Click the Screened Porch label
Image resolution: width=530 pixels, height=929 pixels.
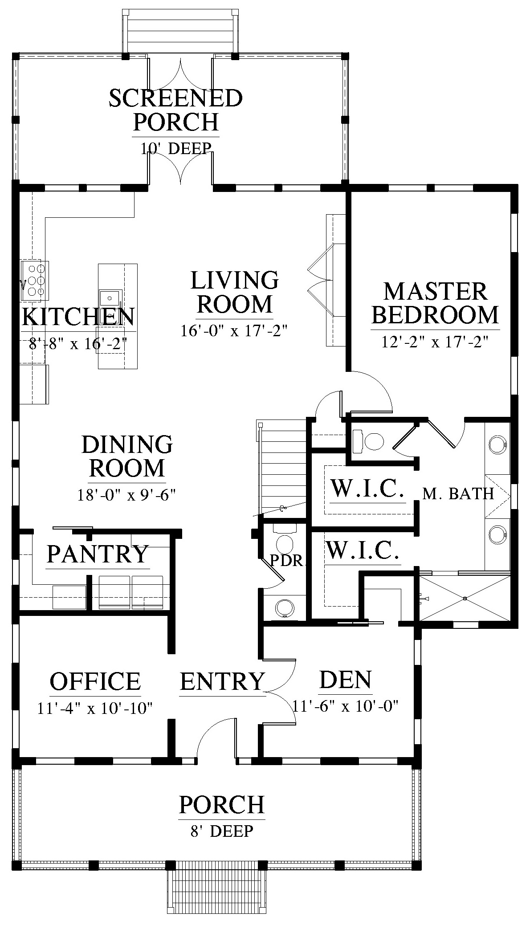click(175, 110)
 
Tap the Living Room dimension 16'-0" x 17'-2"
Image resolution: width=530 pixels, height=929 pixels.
click(234, 331)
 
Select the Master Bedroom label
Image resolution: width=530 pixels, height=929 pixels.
click(435, 303)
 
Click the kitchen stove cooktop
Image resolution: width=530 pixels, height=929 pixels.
click(34, 281)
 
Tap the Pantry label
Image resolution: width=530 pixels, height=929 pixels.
click(98, 554)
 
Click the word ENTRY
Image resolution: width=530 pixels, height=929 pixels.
click(222, 681)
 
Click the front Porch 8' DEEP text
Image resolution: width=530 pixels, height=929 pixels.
click(222, 831)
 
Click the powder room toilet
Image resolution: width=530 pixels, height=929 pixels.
click(285, 539)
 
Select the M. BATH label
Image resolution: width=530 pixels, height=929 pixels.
click(458, 493)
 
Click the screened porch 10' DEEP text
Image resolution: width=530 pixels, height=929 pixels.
click(175, 148)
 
